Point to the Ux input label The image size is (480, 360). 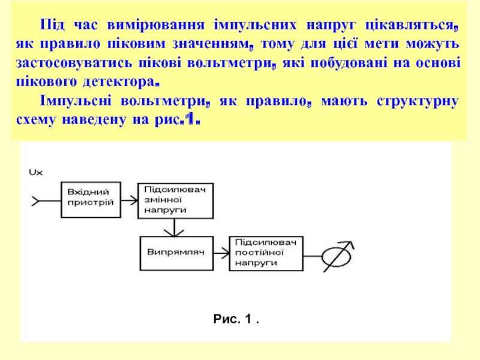pos(35,172)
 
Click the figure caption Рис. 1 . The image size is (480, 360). pos(235,321)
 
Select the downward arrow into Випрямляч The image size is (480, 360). pos(174,227)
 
